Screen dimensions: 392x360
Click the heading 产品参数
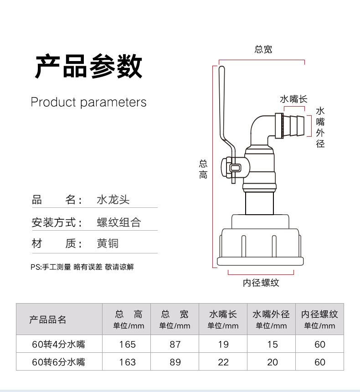point(89,67)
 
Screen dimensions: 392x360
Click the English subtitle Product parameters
point(88,102)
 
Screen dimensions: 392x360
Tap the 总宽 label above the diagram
point(263,50)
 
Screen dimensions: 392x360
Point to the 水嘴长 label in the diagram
point(293,99)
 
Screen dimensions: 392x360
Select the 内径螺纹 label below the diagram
point(261,283)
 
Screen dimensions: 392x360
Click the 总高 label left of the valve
point(203,169)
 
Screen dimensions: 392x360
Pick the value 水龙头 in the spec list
point(113,200)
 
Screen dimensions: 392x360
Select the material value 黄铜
point(108,243)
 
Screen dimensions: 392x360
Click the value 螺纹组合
point(119,222)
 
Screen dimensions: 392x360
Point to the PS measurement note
point(82,267)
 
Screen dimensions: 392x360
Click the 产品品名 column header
point(48,320)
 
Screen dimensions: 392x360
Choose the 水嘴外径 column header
point(271,315)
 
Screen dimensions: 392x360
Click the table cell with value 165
point(128,344)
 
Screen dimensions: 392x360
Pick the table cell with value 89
point(175,362)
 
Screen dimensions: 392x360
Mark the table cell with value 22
point(223,362)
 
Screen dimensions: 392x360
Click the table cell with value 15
point(272,344)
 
